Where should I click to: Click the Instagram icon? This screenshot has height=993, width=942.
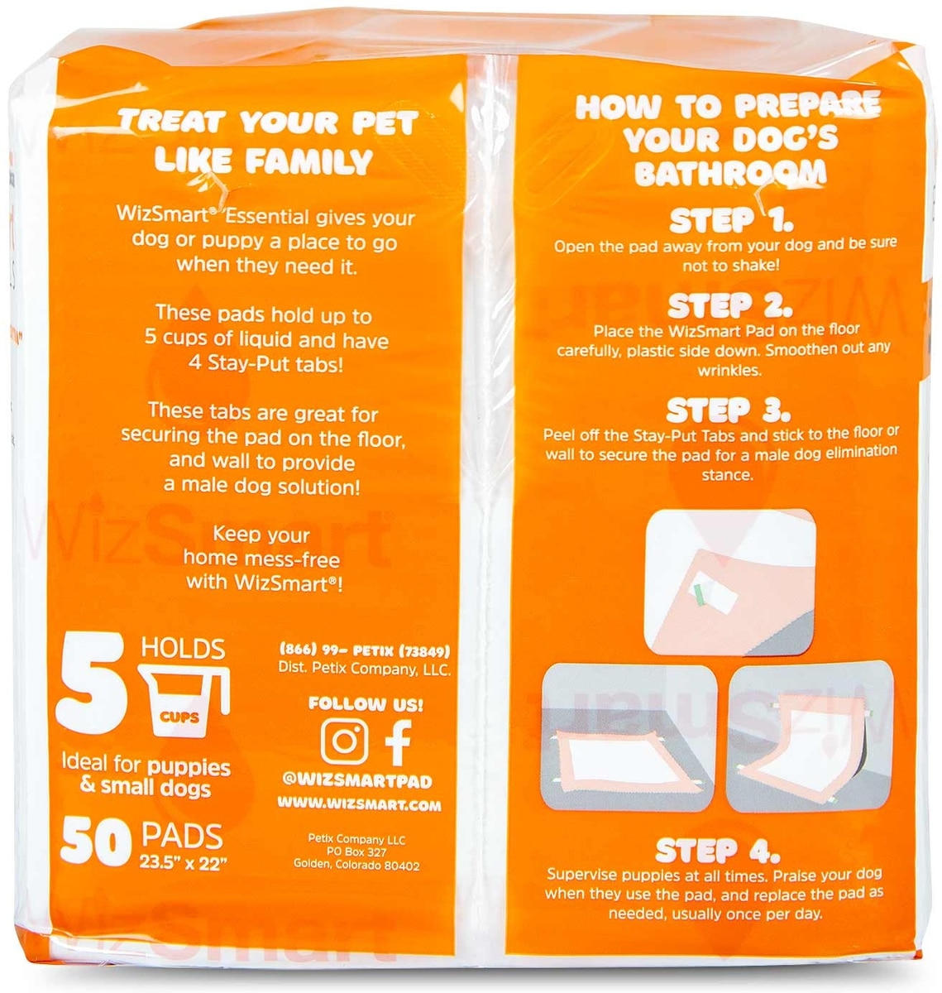(345, 741)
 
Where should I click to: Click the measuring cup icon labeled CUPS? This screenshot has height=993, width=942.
(185, 699)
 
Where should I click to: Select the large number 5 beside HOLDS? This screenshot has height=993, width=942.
(91, 684)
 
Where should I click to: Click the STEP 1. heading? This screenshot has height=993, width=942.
(731, 220)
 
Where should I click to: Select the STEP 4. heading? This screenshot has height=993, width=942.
(717, 850)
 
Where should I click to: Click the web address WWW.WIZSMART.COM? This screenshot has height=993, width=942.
(359, 804)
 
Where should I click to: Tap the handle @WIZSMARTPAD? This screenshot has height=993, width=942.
(356, 781)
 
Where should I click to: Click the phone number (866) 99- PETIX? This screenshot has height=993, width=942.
(364, 650)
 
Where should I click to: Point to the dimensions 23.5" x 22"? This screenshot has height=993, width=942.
(180, 864)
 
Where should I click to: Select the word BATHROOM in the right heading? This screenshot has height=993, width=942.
(730, 171)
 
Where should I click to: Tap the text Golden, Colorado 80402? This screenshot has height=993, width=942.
(356, 866)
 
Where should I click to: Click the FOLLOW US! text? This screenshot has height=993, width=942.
(366, 704)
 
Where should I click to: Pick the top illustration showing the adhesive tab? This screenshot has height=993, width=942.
(730, 582)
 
